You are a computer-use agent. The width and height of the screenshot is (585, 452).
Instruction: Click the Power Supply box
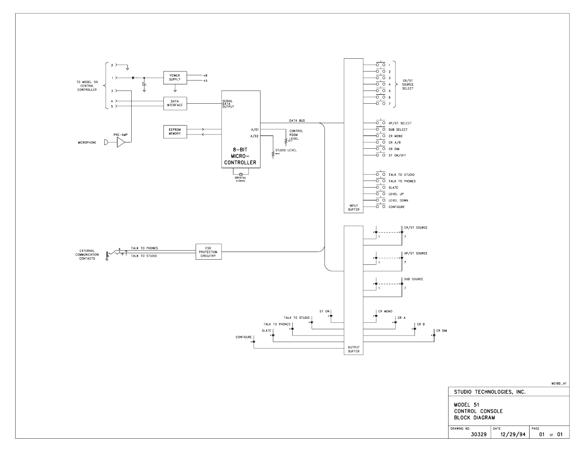tap(175, 77)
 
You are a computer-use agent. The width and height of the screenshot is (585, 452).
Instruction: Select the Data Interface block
tap(175, 104)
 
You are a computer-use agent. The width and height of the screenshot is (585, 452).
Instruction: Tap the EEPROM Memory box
tap(175, 132)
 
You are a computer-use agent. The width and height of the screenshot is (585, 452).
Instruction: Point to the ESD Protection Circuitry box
tap(208, 252)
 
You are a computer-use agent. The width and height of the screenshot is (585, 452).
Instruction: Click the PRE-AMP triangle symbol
tap(120, 143)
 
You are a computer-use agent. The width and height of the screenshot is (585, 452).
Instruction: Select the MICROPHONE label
tap(87, 143)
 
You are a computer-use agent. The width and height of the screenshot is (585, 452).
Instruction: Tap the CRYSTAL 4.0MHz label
tap(240, 179)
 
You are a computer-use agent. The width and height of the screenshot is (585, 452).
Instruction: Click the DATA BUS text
tap(297, 121)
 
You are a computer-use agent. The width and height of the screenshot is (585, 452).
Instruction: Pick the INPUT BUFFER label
tap(353, 208)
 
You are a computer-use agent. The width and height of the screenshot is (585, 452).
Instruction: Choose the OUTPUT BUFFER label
tap(353, 349)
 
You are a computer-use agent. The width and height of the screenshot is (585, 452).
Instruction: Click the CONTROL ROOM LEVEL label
tap(297, 135)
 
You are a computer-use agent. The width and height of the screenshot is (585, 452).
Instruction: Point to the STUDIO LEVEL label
tap(289, 150)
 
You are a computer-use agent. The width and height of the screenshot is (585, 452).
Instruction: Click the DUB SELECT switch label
tap(398, 129)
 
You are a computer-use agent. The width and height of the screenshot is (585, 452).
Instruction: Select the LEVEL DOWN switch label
tap(398, 200)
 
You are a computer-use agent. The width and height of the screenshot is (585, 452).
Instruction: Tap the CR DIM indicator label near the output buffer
tap(441, 331)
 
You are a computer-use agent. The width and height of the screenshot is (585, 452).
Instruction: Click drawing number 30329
tap(479, 434)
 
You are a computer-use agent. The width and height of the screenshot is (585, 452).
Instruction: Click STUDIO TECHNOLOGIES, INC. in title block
tap(490, 392)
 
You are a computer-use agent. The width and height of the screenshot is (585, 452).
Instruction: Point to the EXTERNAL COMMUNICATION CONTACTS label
tap(87, 255)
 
